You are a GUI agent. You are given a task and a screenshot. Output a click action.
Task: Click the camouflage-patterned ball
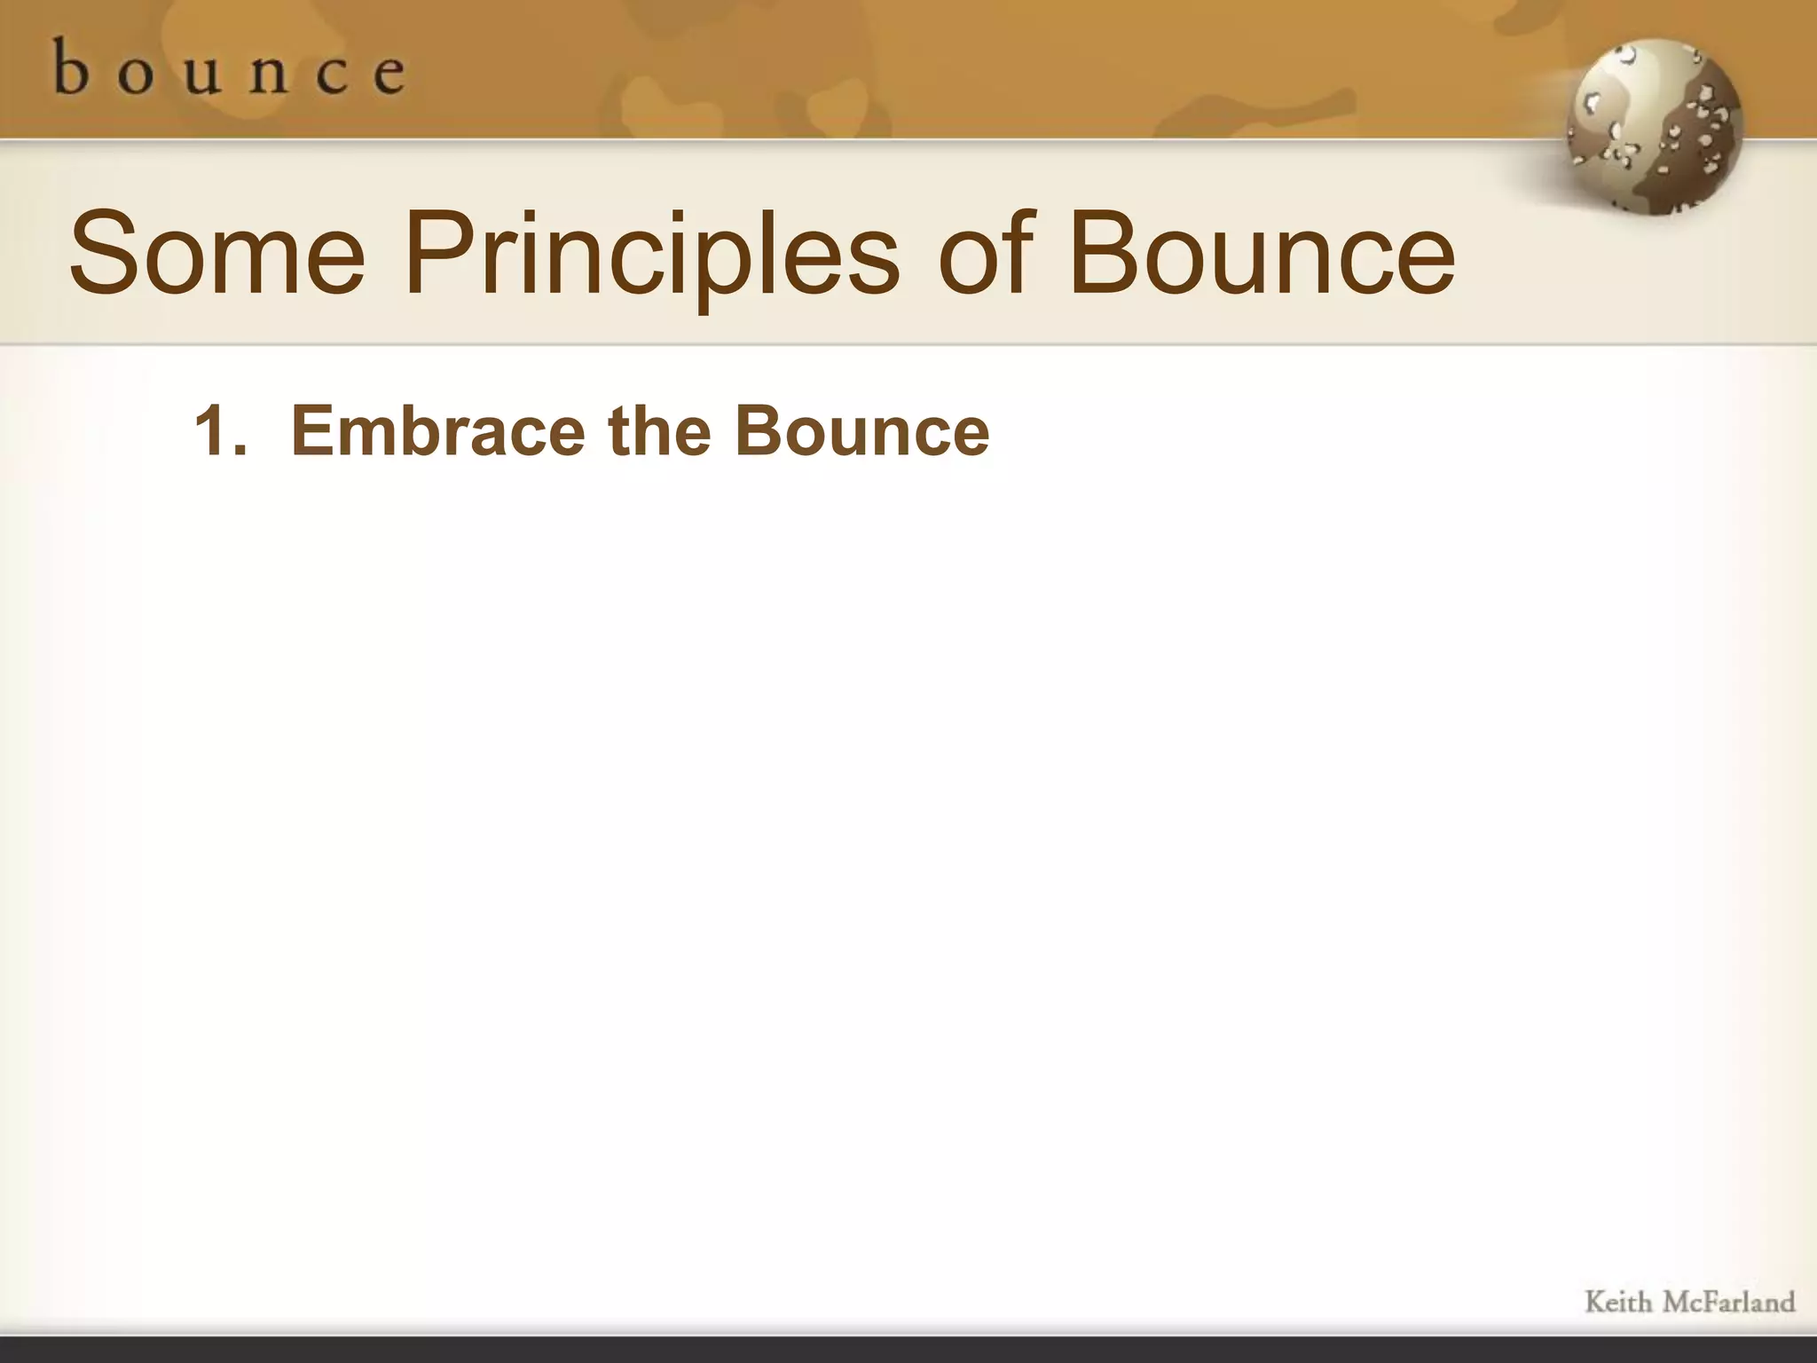click(x=1653, y=126)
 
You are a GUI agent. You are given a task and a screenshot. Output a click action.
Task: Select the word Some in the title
click(x=216, y=254)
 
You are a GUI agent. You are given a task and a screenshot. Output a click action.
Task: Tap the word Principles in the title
click(x=652, y=256)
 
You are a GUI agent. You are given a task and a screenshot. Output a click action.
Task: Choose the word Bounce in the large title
click(x=1261, y=254)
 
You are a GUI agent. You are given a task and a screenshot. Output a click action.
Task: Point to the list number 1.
click(x=213, y=431)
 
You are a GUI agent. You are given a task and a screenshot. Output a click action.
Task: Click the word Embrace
click(x=438, y=431)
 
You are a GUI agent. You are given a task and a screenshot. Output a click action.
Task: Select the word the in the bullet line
click(x=659, y=431)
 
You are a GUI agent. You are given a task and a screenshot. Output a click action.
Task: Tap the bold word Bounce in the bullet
click(x=861, y=431)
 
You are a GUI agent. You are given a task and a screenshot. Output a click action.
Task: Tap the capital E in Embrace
click(x=311, y=431)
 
